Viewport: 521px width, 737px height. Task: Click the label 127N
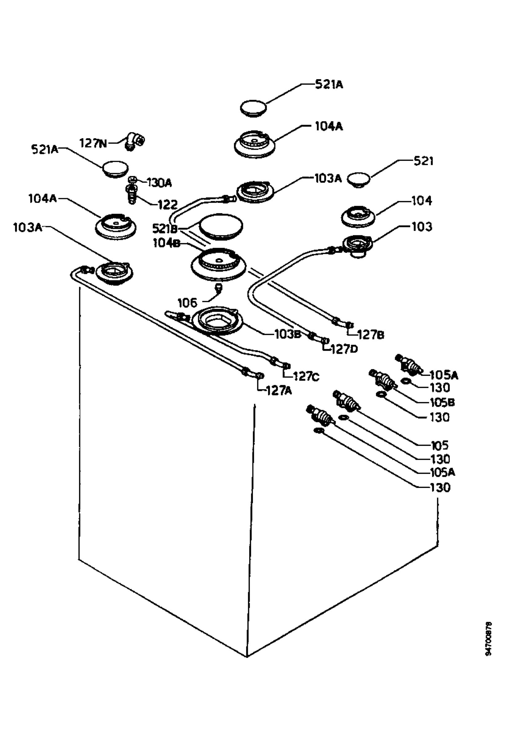click(93, 143)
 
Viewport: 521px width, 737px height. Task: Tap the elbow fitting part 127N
click(134, 141)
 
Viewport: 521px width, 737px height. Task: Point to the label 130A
click(159, 183)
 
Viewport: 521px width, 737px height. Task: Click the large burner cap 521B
click(221, 227)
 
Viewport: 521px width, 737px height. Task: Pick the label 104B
click(166, 244)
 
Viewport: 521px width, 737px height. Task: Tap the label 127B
click(371, 335)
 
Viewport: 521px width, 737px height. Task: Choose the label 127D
click(344, 349)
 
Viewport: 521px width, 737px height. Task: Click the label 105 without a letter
click(440, 445)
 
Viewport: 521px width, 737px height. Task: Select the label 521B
click(165, 229)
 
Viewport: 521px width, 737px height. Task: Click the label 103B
click(288, 334)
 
